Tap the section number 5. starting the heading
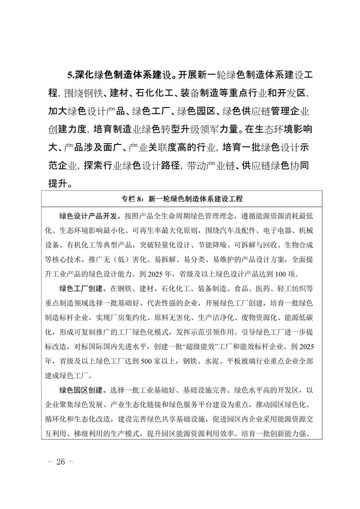pyautogui.click(x=71, y=75)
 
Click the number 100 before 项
pyautogui.click(x=289, y=273)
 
